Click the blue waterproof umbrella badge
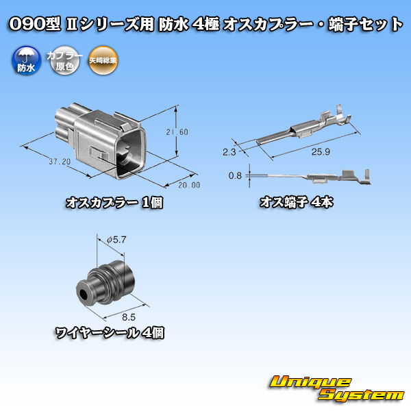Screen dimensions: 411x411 click(26, 60)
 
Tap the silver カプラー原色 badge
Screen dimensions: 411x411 click(64, 60)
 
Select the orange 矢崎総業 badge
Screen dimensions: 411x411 click(103, 60)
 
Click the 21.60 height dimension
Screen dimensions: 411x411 click(177, 132)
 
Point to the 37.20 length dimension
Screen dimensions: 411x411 click(60, 162)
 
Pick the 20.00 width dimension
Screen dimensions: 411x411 click(189, 185)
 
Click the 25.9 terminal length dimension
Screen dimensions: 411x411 click(321, 151)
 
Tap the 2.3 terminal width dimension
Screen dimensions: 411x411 click(229, 152)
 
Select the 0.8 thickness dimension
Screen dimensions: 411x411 click(235, 175)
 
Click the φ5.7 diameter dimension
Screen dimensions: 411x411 click(116, 240)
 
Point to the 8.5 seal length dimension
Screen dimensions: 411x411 click(129, 317)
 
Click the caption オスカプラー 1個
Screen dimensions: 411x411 click(114, 203)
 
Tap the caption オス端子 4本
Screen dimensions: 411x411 click(297, 202)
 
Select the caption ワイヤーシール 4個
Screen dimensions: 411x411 click(110, 333)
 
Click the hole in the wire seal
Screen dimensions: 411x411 click(84, 294)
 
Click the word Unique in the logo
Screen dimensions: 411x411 click(310, 382)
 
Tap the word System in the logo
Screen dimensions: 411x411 click(361, 395)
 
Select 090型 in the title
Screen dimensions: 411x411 click(35, 23)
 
